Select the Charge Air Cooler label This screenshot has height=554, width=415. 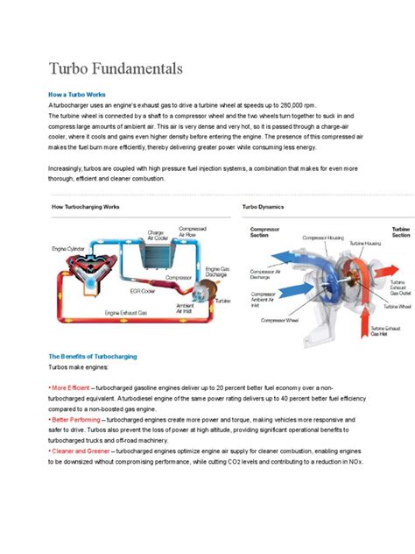[158, 235]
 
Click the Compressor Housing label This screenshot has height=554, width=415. [324, 237]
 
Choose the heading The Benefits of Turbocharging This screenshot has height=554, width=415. [92, 357]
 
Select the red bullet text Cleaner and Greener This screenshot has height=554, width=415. [81, 451]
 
